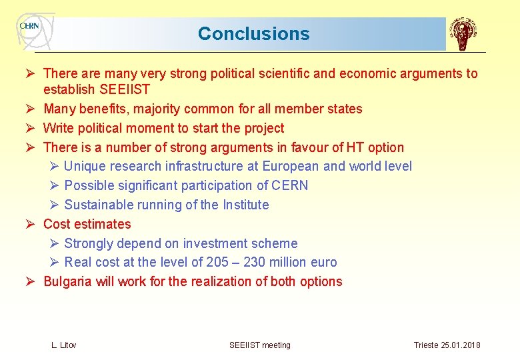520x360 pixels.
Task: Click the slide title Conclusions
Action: click(253, 34)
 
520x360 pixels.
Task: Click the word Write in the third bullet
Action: click(59, 128)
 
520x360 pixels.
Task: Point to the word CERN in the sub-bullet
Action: click(290, 185)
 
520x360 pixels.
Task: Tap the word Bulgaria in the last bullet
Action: click(68, 281)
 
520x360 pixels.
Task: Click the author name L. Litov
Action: click(64, 345)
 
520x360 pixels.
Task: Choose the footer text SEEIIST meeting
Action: click(260, 345)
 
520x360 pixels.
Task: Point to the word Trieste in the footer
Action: click(426, 345)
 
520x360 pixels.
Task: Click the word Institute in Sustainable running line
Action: click(245, 205)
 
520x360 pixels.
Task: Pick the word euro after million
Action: click(323, 262)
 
